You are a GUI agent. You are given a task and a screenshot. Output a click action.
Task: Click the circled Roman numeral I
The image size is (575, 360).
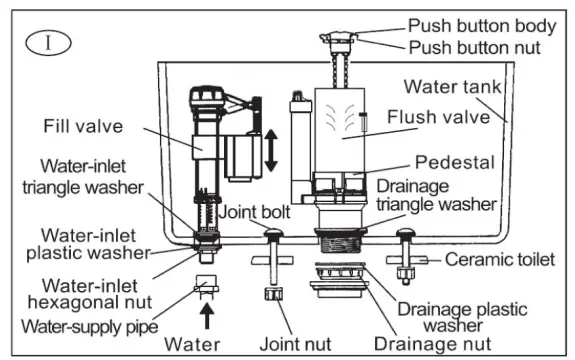coord(41,42)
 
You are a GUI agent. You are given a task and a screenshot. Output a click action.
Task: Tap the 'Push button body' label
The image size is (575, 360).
coord(481,24)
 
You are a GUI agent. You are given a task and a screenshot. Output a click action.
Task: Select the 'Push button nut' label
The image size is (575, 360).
coord(475,46)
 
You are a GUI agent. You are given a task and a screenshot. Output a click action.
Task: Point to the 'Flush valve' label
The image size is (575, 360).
coord(446,117)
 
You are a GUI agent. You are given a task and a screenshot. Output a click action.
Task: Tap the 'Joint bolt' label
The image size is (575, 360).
coord(257,212)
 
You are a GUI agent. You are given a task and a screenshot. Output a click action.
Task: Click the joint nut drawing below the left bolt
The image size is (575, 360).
coord(271,294)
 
